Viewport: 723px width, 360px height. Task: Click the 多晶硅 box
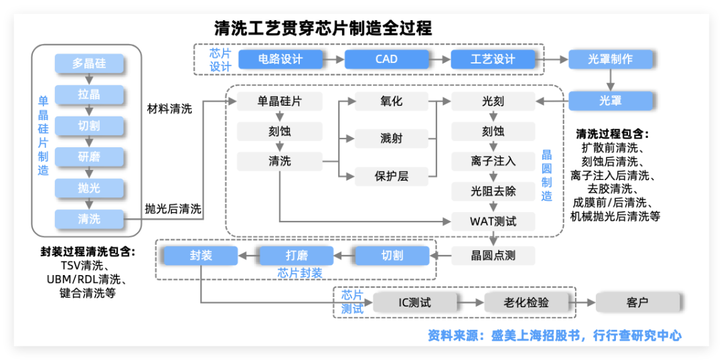[x=89, y=64]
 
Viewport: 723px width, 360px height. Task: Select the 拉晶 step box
[x=89, y=94]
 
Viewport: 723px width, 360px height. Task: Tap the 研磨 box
[x=89, y=157]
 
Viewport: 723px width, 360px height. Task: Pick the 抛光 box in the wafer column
[x=89, y=187]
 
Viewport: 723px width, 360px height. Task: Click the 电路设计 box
[x=280, y=59]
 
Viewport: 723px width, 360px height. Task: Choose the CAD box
[x=386, y=59]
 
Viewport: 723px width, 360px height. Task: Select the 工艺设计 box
[x=493, y=59]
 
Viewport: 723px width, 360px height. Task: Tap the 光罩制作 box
[x=610, y=59]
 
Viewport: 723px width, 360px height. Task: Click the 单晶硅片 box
[x=280, y=102]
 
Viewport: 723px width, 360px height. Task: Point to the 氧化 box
[x=391, y=102]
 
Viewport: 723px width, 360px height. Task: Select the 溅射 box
[x=391, y=139]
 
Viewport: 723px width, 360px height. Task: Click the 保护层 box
[x=391, y=177]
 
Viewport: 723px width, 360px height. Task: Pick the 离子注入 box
[x=493, y=161]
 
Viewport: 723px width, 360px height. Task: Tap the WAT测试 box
[x=493, y=220]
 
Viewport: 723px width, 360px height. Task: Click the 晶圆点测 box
[x=493, y=255]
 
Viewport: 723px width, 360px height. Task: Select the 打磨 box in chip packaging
[x=296, y=255]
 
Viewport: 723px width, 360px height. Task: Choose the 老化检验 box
[x=526, y=302]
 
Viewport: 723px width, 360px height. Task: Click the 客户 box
[x=637, y=302]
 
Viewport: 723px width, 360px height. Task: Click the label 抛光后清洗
[x=173, y=209]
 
